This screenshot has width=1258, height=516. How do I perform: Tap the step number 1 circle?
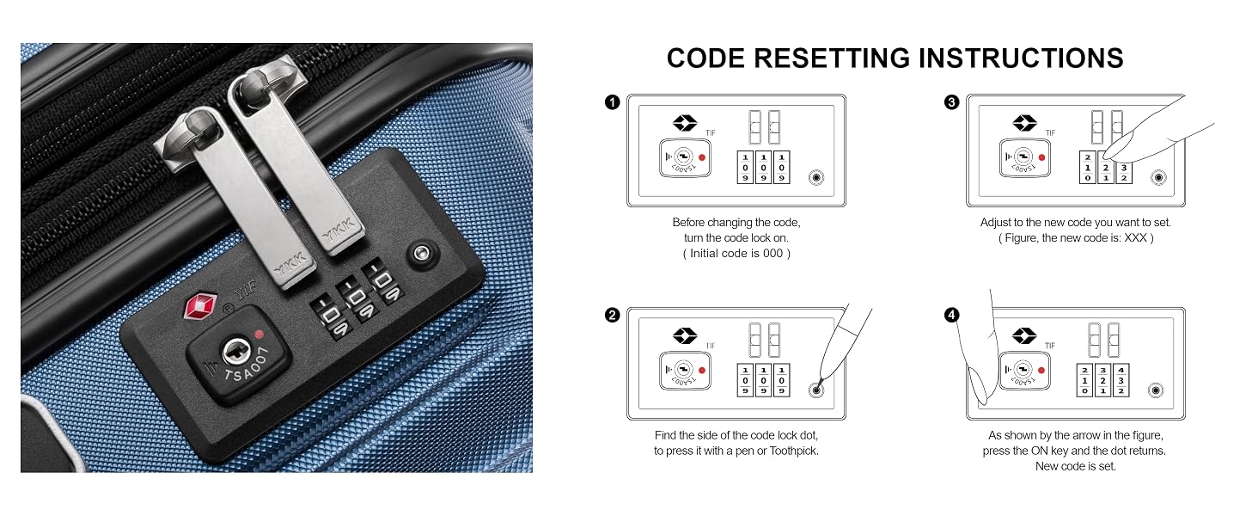coord(612,102)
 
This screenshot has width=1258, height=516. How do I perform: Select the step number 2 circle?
coord(612,315)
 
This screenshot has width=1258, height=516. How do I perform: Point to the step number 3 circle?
coord(951,102)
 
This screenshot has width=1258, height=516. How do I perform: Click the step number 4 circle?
coord(951,315)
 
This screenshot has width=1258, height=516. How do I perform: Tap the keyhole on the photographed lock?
coord(234,353)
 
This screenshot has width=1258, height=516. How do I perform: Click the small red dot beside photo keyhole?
coord(259,335)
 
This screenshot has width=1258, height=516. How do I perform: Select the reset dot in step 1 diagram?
coord(816,178)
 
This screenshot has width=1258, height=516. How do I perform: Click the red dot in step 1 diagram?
coord(702,157)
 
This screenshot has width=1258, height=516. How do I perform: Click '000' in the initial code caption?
coord(773,254)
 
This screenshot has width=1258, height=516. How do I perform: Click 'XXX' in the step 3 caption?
coord(1136,237)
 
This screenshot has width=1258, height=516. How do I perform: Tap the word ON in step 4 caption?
coord(1040,451)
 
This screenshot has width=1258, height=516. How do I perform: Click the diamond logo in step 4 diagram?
coord(1024,335)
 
